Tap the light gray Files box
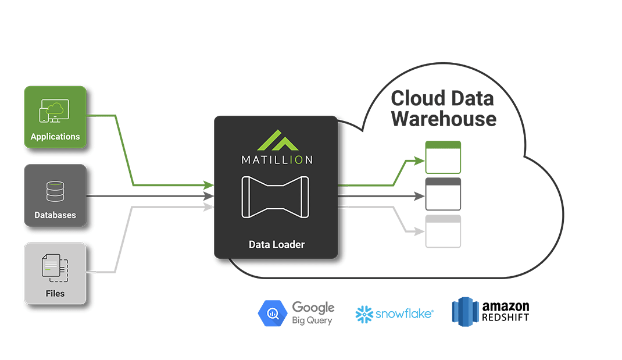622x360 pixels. (55, 273)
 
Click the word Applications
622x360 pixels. (55, 137)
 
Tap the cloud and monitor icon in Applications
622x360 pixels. (54, 111)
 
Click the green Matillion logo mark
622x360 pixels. (276, 141)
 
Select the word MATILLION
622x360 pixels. (276, 159)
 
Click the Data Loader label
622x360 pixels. (276, 244)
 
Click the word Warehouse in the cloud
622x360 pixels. (444, 119)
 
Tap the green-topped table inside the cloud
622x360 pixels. (443, 157)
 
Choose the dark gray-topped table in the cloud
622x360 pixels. (443, 194)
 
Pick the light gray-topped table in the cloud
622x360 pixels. (443, 231)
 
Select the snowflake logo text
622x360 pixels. (403, 314)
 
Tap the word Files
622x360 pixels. (55, 293)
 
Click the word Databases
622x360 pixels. (55, 215)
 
